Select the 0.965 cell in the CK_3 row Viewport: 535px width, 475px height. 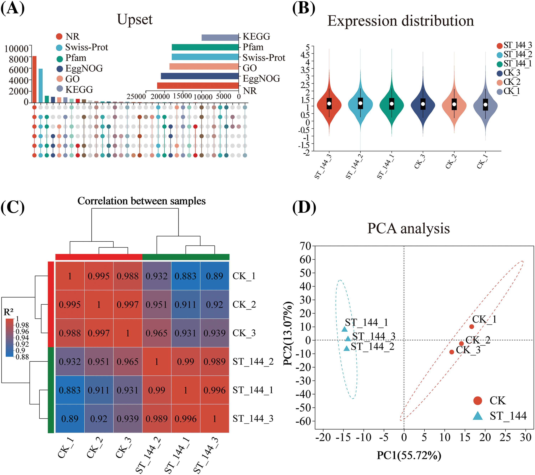coord(157,333)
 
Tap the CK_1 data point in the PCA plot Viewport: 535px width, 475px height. coord(471,326)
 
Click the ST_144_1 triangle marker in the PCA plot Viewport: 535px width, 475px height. coord(345,329)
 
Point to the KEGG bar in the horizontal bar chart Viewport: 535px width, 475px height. coord(220,37)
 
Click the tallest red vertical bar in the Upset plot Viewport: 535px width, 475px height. coord(34,79)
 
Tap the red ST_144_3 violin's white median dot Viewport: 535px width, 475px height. coord(329,104)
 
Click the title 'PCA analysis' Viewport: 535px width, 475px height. coord(408,228)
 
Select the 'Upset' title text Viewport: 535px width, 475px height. coord(135,19)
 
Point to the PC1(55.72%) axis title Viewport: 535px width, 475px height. coord(409,455)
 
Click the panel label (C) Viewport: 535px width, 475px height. coord(12,207)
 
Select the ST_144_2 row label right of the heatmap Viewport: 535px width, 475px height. coord(253,362)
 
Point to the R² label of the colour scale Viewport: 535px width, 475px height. coord(8,312)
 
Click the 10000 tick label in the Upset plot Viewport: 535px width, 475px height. coord(16,49)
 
